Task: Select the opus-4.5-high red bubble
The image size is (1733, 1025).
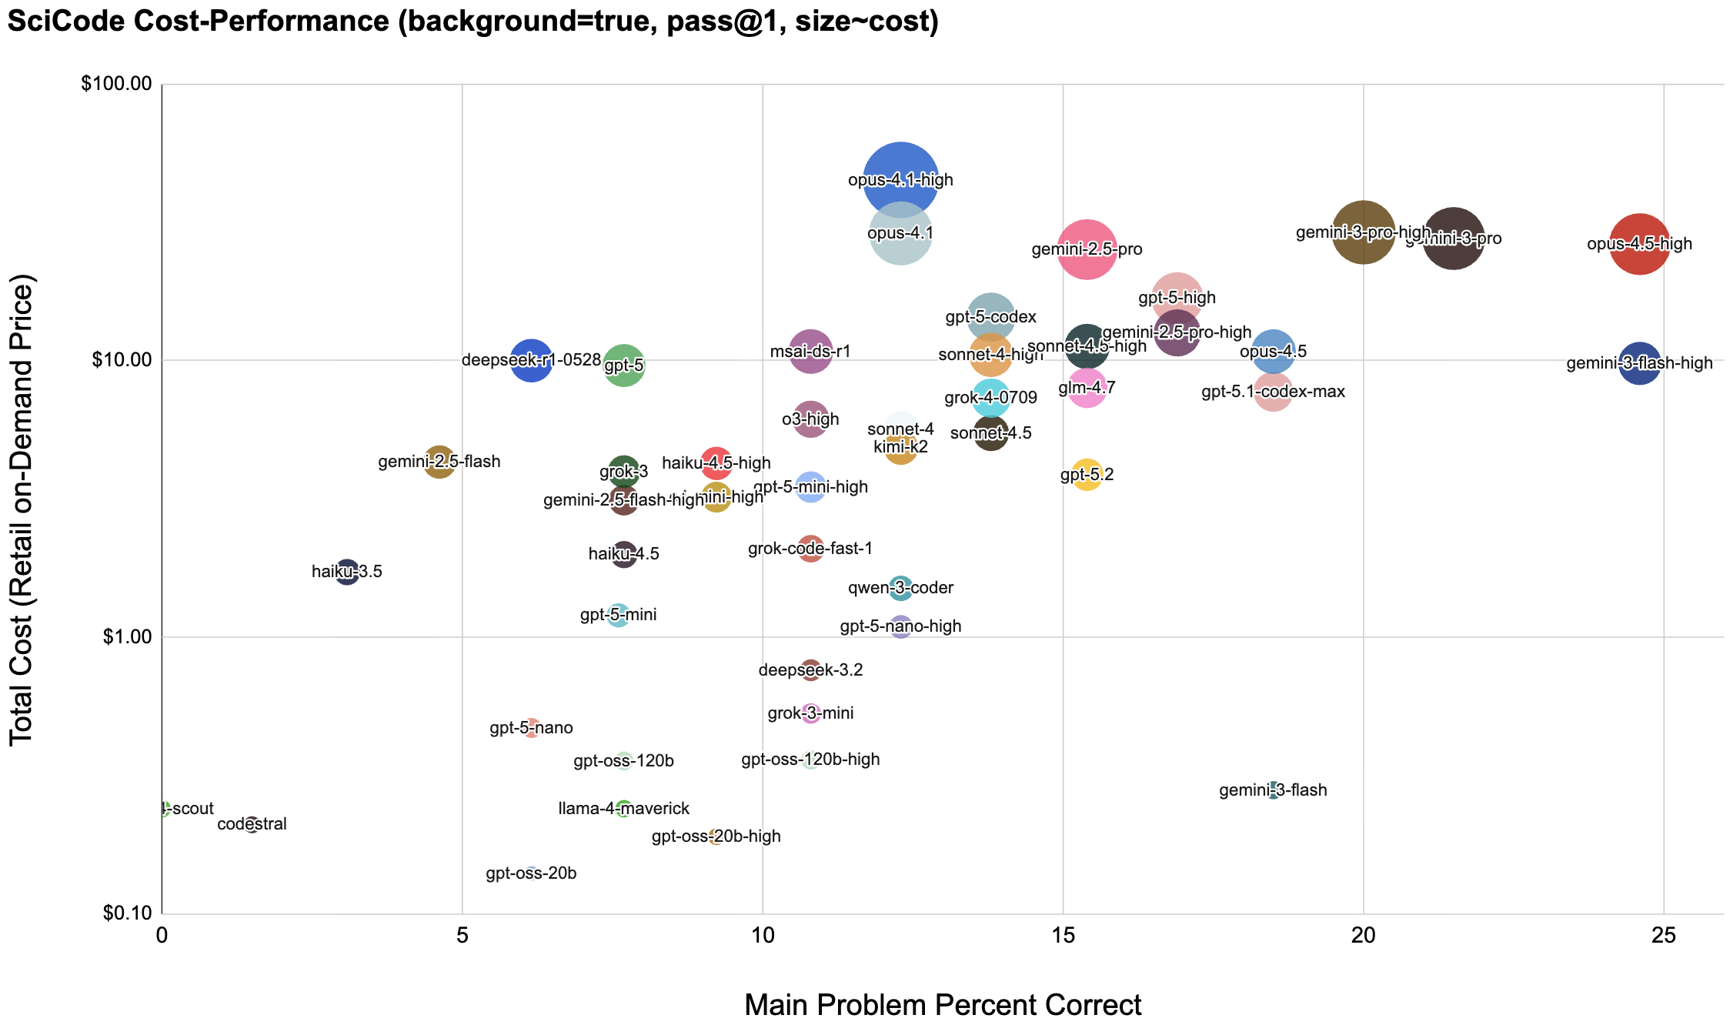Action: point(1640,244)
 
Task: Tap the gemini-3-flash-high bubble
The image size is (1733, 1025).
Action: point(1640,363)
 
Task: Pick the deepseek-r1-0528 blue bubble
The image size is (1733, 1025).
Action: point(531,360)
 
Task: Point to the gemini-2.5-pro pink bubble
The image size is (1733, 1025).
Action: point(1087,249)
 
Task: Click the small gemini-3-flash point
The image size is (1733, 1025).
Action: point(1274,790)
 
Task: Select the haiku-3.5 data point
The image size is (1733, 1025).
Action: point(347,572)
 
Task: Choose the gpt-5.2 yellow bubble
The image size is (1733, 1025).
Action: point(1087,475)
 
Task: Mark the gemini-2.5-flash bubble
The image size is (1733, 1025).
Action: point(439,462)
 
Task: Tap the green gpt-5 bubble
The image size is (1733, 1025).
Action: point(624,366)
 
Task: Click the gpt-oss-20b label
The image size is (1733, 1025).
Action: point(531,874)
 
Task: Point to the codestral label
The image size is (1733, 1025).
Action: point(252,825)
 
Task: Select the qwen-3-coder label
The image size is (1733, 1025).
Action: point(900,589)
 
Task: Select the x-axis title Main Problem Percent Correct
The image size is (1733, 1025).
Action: point(943,1005)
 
